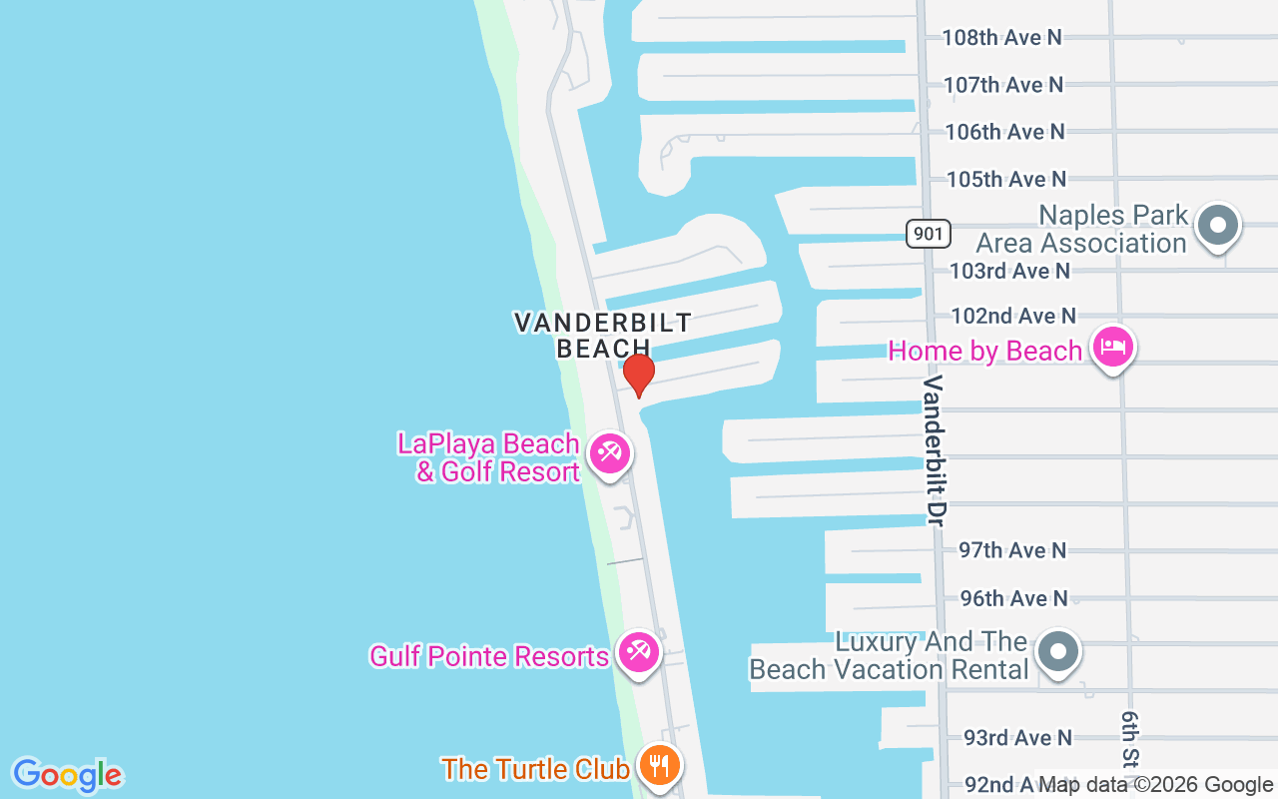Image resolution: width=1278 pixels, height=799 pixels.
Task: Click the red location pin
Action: pos(638,375)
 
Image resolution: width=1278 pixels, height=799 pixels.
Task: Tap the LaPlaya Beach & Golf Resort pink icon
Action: pos(608,454)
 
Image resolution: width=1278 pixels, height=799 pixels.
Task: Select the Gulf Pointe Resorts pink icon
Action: pos(637,653)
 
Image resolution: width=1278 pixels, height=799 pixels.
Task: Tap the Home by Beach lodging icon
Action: pos(1112,349)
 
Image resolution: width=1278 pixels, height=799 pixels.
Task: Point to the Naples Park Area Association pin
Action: pos(1217,225)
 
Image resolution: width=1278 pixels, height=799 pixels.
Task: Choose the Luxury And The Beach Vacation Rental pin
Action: pos(1058,652)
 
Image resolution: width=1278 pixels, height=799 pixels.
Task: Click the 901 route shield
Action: pos(929,235)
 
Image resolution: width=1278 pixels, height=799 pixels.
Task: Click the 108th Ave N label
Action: pos(1002,38)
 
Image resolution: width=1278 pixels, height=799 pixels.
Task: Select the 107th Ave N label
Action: pos(1003,85)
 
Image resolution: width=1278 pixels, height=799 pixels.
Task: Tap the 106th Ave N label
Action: pos(1004,132)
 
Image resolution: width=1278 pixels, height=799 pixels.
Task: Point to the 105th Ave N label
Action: pos(1006,180)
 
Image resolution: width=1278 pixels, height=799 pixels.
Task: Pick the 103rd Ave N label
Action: pos(1009,271)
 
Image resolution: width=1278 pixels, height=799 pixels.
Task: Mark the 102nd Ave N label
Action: pos(1013,317)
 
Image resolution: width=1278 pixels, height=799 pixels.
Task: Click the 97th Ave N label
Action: pos(1012,550)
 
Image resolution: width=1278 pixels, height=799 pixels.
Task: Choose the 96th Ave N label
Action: pos(1013,598)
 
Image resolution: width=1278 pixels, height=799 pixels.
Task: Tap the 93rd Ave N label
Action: pos(1017,738)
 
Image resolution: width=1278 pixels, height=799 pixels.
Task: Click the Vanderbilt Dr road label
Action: pos(935,449)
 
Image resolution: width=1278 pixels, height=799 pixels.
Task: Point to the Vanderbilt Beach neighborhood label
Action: pos(602,335)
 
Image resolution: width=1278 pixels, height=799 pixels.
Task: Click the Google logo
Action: pos(67,775)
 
